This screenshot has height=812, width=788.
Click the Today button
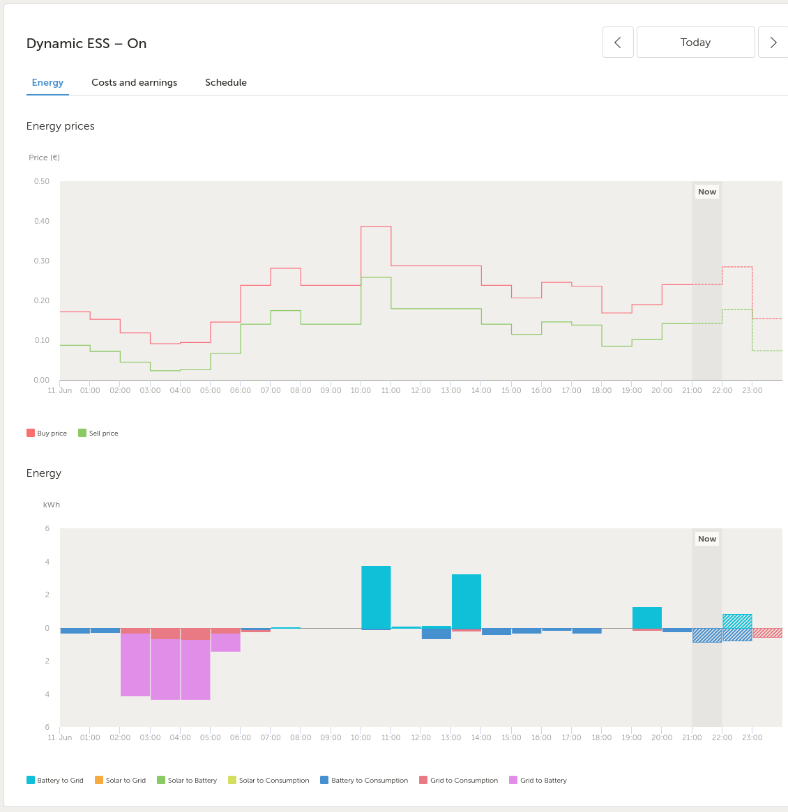(695, 42)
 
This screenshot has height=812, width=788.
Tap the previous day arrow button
(618, 42)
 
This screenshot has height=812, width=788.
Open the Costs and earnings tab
(134, 82)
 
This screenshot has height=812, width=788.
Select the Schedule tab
(226, 82)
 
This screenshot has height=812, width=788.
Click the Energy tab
(47, 82)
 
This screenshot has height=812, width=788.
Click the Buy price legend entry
(47, 433)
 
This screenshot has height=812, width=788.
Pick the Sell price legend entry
(98, 433)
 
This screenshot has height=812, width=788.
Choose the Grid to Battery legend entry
(538, 780)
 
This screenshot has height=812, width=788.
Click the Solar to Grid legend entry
(120, 780)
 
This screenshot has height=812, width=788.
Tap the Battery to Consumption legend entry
(364, 780)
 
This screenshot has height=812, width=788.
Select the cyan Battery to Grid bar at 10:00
(376, 597)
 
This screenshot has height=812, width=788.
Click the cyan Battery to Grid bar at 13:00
(467, 602)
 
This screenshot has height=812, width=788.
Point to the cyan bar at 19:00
(647, 618)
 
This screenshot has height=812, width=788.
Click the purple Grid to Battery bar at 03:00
(165, 669)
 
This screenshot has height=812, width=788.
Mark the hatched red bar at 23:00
(767, 633)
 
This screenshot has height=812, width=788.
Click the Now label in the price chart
(706, 192)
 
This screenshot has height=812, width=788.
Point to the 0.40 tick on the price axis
(41, 221)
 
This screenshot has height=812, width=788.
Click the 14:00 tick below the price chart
(481, 390)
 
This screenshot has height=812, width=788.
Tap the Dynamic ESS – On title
(86, 43)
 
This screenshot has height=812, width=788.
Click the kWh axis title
(52, 505)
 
